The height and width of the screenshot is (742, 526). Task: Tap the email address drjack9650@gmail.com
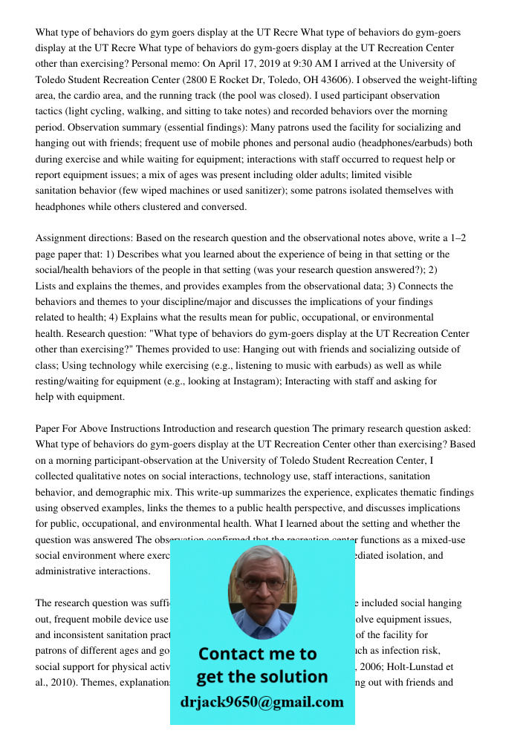[x=262, y=702]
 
